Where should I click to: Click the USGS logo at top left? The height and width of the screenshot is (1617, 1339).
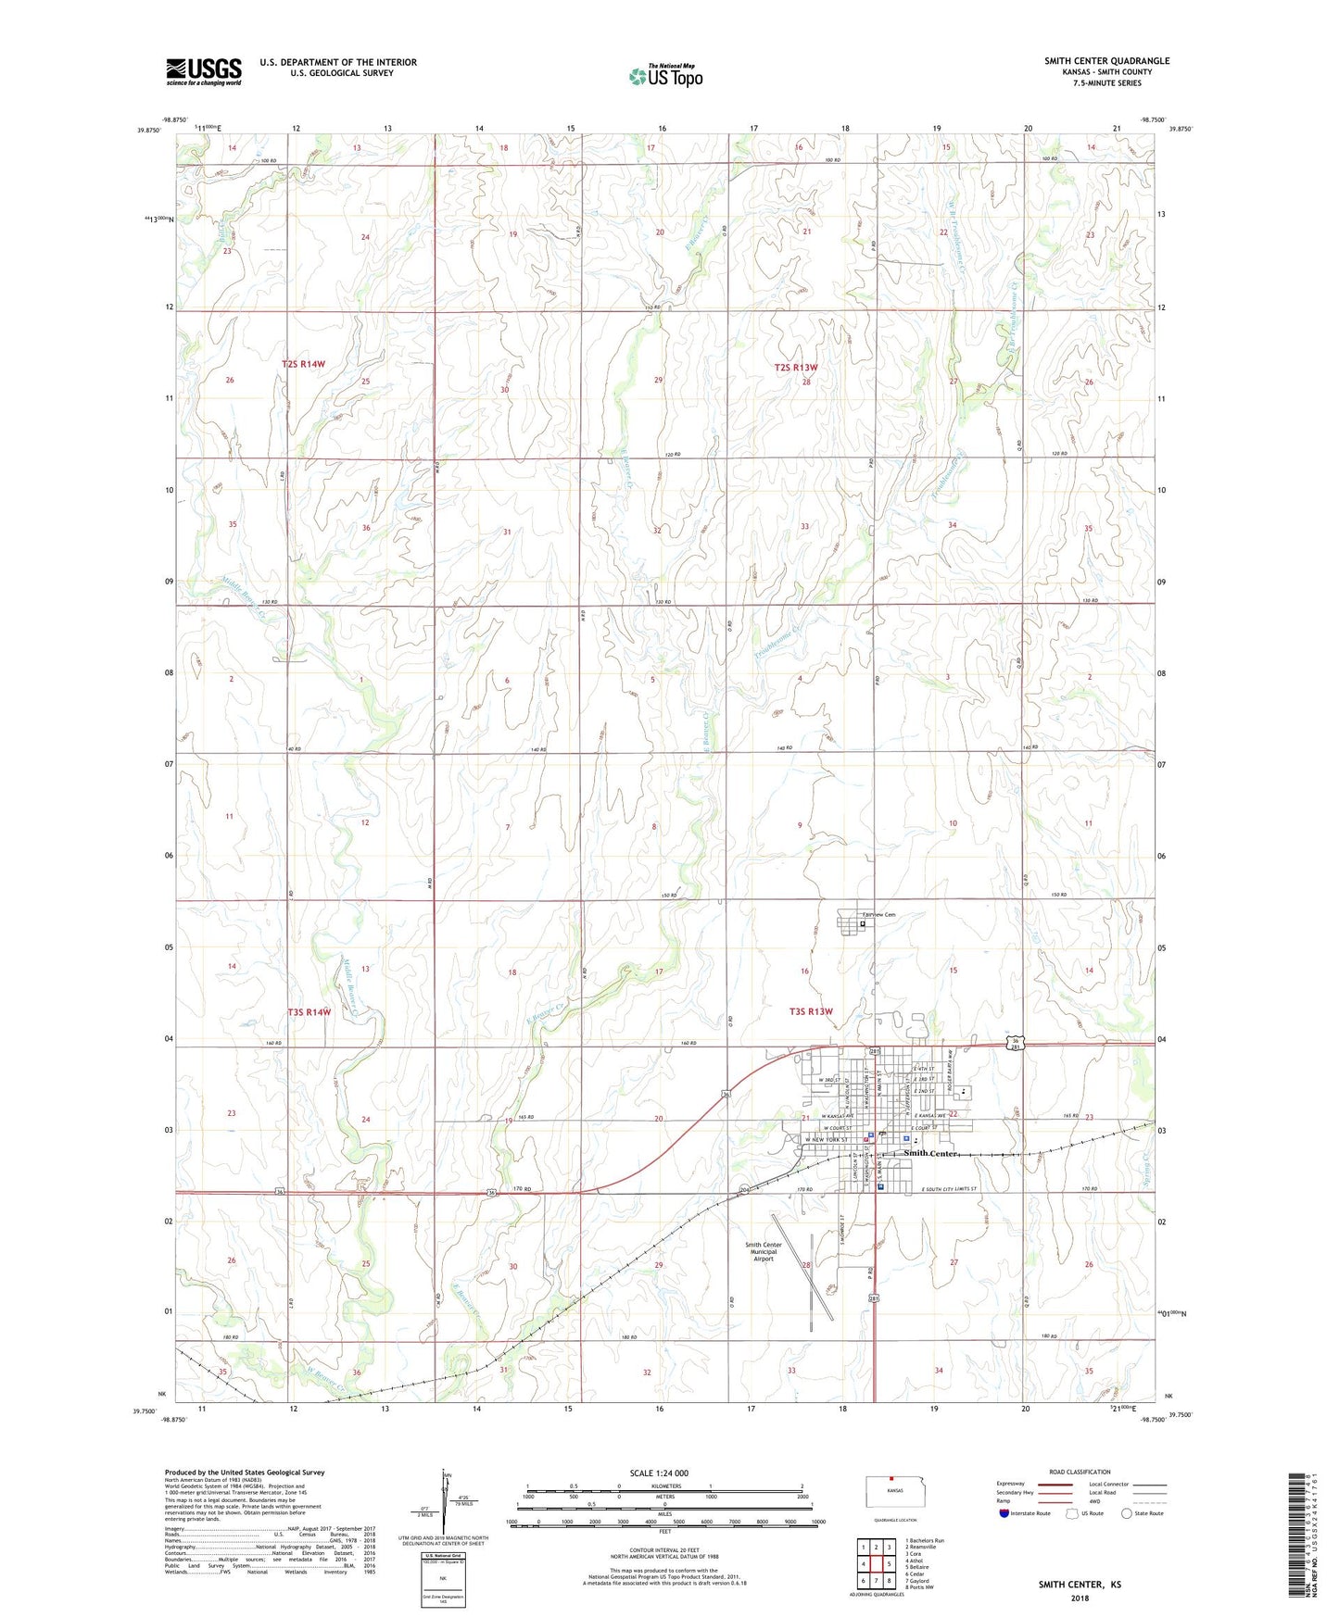coord(204,70)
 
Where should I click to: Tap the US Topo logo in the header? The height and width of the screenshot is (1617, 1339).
coord(665,75)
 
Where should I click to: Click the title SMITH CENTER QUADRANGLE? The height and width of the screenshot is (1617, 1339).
coord(1106,61)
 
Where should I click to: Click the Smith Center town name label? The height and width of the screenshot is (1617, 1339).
coord(929,1154)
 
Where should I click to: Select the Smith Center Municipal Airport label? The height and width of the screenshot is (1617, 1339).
coord(763,1251)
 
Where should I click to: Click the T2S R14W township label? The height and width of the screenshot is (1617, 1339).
coord(304,365)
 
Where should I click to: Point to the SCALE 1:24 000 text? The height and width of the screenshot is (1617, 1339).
coord(664,1473)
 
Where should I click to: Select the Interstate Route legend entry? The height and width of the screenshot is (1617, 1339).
coord(1029,1513)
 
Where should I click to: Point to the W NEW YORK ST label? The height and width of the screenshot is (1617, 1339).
coord(824,1139)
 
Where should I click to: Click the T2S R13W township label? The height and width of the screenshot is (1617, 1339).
coord(796,368)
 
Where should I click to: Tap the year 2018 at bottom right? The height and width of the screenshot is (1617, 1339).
coord(1079,1598)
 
